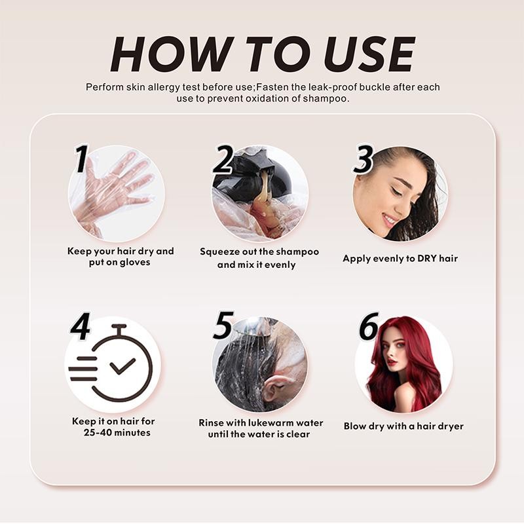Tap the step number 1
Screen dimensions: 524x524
[x=81, y=159]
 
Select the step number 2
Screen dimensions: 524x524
[x=223, y=159]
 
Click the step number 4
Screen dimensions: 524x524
[x=80, y=327]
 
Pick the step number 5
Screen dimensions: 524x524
[x=223, y=325]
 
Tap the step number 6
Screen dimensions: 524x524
[x=369, y=327]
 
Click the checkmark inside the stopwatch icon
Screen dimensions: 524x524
[x=122, y=365]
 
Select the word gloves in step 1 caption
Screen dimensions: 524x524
[x=134, y=263]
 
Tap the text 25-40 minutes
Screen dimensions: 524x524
[x=117, y=433]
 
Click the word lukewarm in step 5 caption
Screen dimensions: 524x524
[x=261, y=423]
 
